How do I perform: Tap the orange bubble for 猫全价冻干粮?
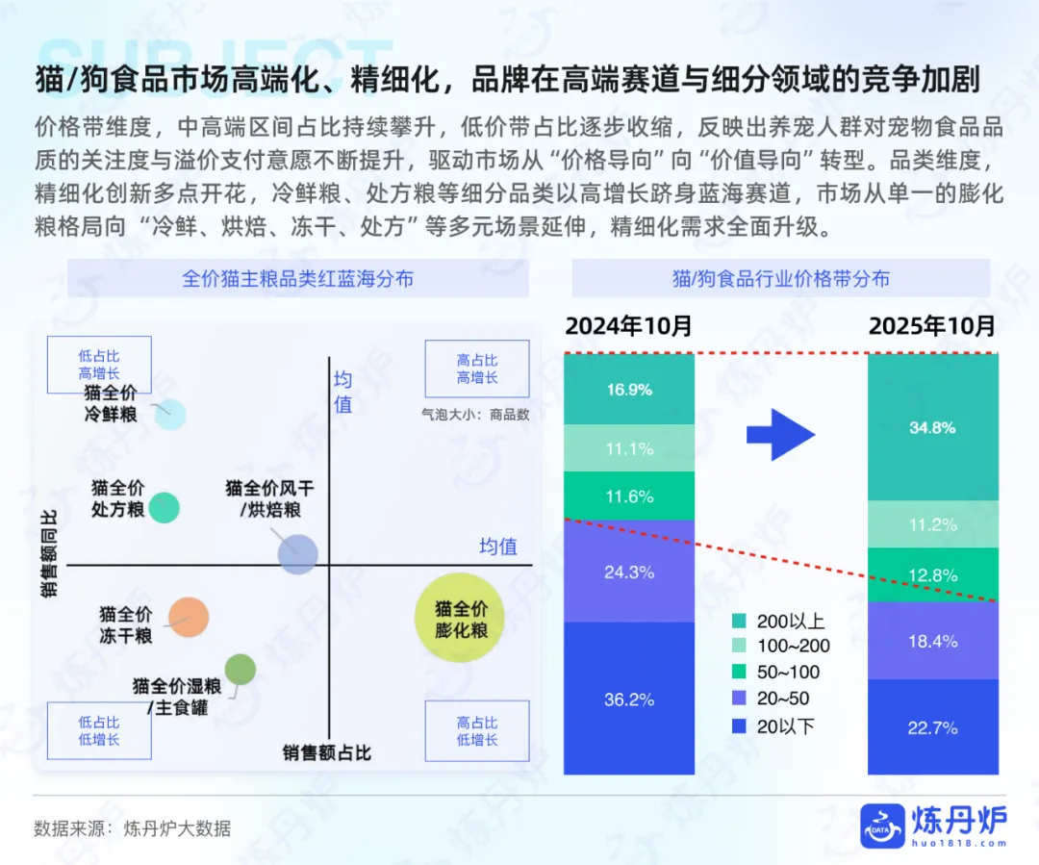[189, 618]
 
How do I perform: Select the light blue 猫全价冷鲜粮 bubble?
[170, 414]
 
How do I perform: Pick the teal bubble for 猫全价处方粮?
[165, 507]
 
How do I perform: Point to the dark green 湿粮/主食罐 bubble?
[240, 669]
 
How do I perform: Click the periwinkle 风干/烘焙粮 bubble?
[297, 554]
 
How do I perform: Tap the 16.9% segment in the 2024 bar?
[629, 390]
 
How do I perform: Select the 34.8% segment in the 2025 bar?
[932, 427]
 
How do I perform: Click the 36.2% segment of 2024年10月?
[629, 699]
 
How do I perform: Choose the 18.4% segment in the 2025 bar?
[932, 640]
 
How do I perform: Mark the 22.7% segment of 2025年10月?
[932, 727]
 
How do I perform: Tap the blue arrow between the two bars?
[780, 434]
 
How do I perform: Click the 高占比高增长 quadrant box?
[477, 369]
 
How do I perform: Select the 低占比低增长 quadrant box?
[99, 730]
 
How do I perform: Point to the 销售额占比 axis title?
[326, 752]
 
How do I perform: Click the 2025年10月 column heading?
[932, 325]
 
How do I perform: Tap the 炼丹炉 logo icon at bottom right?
[882, 827]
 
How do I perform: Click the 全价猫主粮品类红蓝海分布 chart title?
[298, 279]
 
